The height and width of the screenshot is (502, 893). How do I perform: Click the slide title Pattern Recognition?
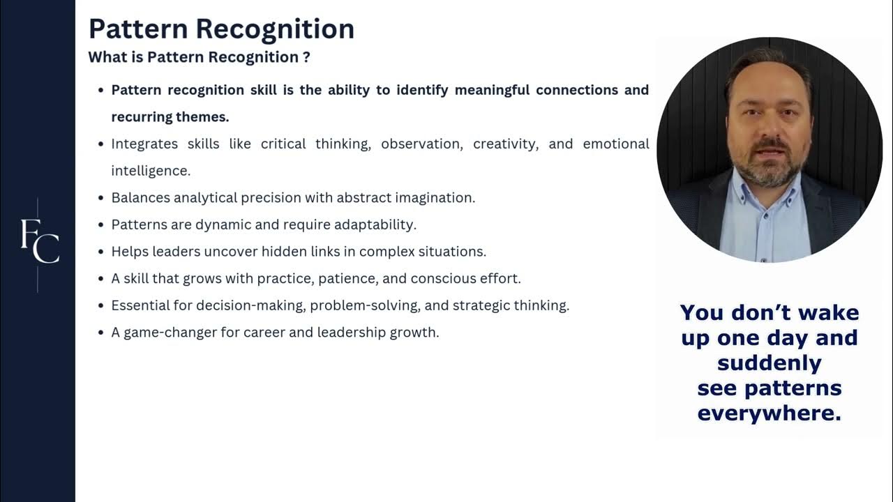[x=221, y=29]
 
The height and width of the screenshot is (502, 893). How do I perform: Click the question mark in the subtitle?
[x=306, y=57]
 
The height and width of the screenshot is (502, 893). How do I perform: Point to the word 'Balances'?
[x=140, y=197]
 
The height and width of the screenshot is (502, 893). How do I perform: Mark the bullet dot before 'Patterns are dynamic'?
[x=100, y=225]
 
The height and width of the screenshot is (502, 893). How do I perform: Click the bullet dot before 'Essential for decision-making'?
[x=100, y=306]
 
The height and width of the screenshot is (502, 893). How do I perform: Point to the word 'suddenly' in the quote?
[x=769, y=363]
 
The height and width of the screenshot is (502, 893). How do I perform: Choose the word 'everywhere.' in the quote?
[x=769, y=413]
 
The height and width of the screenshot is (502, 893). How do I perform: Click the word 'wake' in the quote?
[x=830, y=312]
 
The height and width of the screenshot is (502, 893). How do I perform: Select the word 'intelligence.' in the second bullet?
[x=151, y=171]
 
